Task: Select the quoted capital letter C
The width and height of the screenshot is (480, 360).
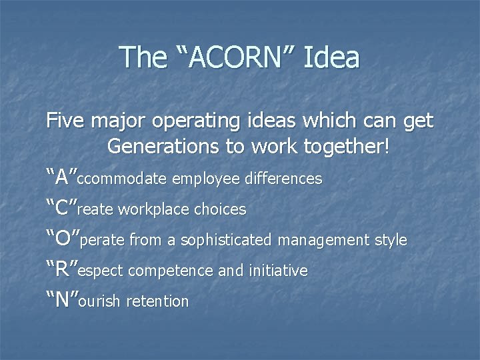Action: [61, 208]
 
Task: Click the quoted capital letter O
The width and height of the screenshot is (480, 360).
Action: [62, 239]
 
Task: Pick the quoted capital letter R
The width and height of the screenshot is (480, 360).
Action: [61, 269]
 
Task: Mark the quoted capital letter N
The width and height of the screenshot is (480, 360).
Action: [62, 300]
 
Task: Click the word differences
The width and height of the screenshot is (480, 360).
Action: [283, 179]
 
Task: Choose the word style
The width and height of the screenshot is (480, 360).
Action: [388, 241]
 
